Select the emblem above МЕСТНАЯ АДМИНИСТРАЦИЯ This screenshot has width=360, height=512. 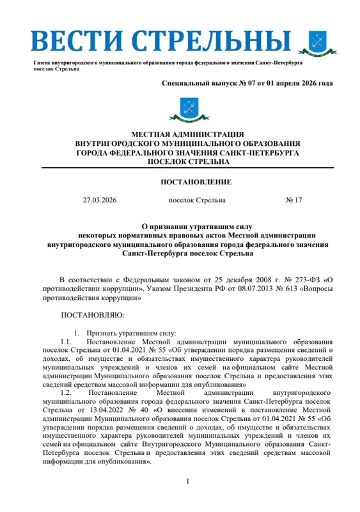187,111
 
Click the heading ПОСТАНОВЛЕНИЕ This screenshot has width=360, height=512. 187,182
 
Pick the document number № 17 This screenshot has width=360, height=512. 293,200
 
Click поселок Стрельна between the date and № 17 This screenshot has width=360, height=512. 197,200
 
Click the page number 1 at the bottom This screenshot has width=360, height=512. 187,481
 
